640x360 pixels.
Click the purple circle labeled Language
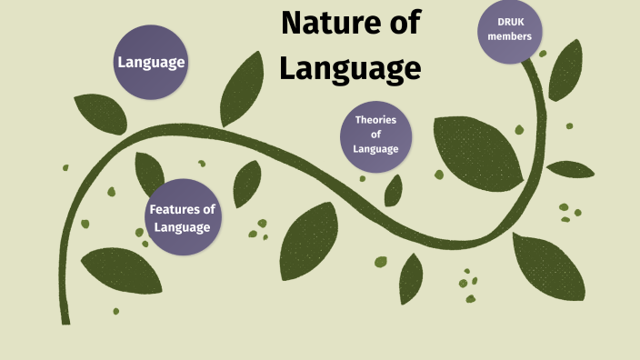point(151,63)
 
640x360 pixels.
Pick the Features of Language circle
point(183,218)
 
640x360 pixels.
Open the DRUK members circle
point(509,30)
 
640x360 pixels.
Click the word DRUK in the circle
point(510,22)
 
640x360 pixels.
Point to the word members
point(510,38)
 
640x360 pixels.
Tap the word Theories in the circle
point(376,120)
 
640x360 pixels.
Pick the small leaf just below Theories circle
point(394,190)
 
